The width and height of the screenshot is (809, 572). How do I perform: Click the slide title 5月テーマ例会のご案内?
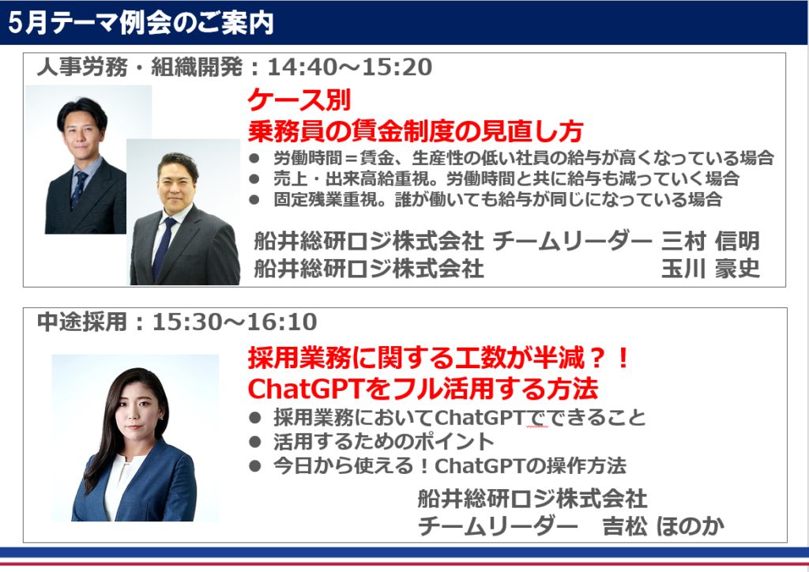[141, 23]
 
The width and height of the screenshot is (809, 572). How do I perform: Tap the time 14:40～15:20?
[350, 67]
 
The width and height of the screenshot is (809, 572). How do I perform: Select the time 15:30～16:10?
[235, 322]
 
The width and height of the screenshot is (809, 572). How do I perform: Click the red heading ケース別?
[299, 100]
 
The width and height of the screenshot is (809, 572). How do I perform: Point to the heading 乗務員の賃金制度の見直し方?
[416, 131]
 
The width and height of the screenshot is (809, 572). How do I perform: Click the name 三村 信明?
[710, 241]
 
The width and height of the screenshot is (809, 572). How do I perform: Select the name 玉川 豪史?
[710, 268]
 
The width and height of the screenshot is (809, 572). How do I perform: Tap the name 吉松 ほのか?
[664, 526]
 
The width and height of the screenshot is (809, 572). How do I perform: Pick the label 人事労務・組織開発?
[139, 67]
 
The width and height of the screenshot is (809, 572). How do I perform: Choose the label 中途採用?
[82, 322]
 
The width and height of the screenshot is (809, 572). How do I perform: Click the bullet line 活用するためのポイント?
[384, 442]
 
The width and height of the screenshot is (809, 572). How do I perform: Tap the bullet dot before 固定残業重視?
[254, 200]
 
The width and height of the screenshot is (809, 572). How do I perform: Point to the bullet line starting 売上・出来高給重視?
[506, 179]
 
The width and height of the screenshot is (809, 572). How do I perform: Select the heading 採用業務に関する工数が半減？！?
[438, 358]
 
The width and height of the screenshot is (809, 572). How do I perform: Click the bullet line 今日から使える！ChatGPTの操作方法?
[450, 466]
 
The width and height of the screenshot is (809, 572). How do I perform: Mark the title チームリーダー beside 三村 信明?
[573, 241]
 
